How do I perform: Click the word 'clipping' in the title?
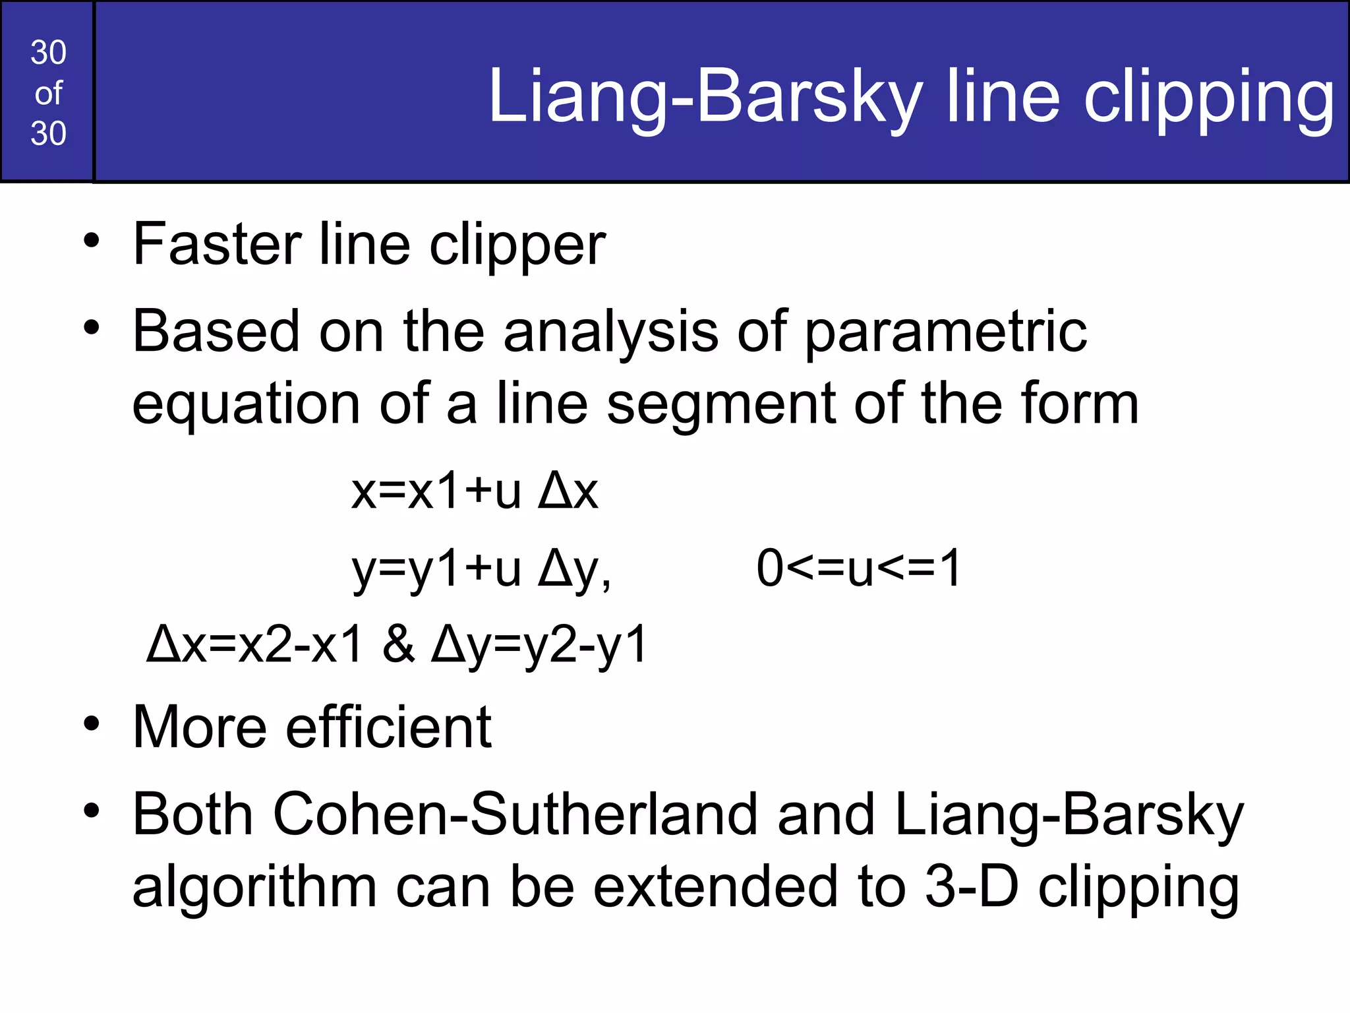pyautogui.click(x=1209, y=98)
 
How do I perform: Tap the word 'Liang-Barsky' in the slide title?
pyautogui.click(x=705, y=98)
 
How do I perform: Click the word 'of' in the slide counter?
pyautogui.click(x=48, y=93)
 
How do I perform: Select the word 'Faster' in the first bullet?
pyautogui.click(x=217, y=244)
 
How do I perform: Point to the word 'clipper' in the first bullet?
pyautogui.click(x=517, y=245)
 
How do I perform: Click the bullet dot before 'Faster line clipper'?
pyautogui.click(x=92, y=240)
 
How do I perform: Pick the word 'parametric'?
pyautogui.click(x=946, y=332)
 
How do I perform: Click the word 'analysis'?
pyautogui.click(x=611, y=332)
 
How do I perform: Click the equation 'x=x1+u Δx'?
pyautogui.click(x=475, y=491)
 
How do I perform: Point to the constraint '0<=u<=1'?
pyautogui.click(x=859, y=568)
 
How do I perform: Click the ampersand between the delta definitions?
pyautogui.click(x=399, y=644)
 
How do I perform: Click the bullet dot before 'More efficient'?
pyautogui.click(x=92, y=723)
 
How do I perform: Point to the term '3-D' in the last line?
pyautogui.click(x=972, y=886)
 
